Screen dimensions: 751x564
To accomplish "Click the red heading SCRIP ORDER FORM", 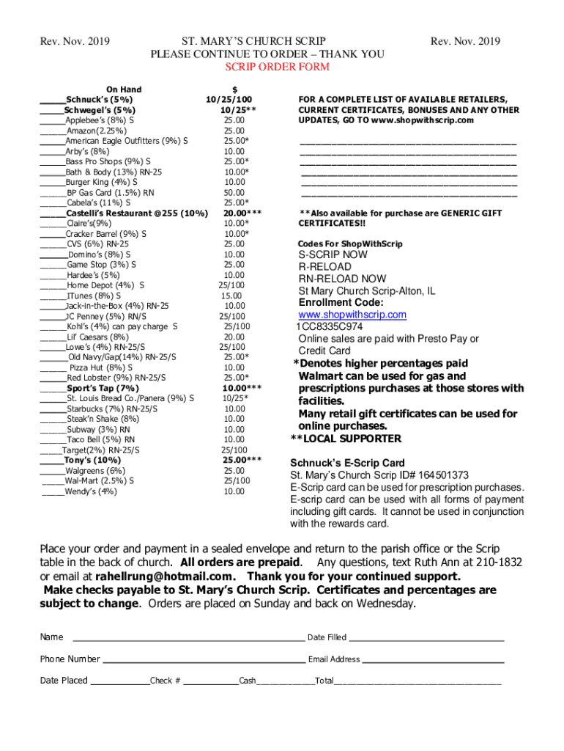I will (277, 67).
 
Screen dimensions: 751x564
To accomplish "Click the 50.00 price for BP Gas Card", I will (234, 192).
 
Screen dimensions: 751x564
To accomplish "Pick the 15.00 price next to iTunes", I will (231, 296).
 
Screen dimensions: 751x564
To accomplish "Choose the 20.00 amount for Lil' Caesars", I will (234, 337).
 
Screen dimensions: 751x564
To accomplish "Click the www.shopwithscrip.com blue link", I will (352, 315).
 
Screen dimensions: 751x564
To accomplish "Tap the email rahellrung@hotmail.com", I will (165, 576).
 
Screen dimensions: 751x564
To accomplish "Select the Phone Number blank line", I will (204, 659).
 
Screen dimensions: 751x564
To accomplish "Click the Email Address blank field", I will (433, 659).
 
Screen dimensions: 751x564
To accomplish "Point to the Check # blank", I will (210, 681).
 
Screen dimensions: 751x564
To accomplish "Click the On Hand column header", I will (124, 89).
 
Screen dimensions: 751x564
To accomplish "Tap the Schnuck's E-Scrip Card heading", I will (347, 464).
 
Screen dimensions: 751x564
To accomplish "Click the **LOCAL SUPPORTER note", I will (346, 439).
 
